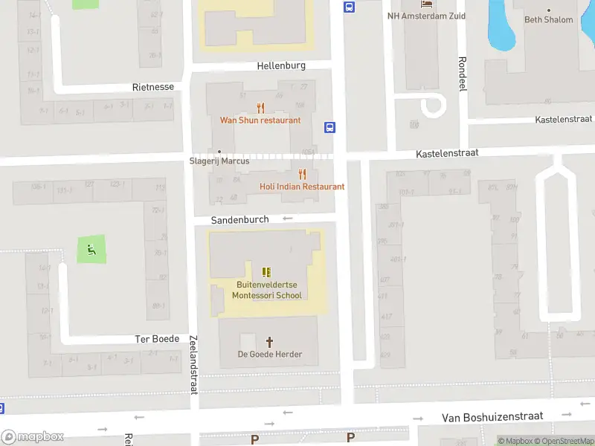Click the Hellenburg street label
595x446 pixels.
coord(281,65)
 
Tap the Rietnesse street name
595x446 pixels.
coord(153,87)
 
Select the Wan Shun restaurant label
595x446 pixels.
coord(260,120)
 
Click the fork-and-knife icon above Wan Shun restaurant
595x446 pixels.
coord(260,107)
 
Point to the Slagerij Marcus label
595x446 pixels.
coord(219,161)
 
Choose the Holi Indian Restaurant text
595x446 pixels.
coord(302,187)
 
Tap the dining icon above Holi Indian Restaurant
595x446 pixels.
coord(302,174)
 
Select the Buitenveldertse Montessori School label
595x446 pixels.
coord(267,290)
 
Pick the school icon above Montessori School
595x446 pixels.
coord(267,272)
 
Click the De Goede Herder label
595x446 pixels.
coord(270,355)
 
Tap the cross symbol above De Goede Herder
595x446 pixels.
coord(269,342)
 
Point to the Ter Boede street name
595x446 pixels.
coord(157,339)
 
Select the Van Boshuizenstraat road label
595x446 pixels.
coord(492,417)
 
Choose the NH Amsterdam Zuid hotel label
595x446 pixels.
coord(427,16)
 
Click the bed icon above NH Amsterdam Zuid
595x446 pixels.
coord(427,4)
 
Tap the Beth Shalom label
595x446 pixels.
coord(549,20)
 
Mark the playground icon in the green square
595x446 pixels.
coord(91,249)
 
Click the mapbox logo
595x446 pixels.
coord(33,437)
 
